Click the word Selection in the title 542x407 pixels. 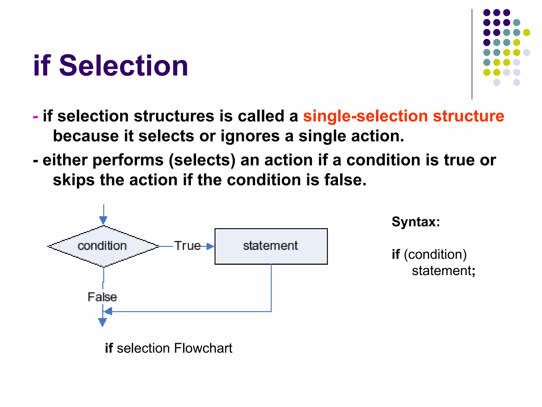pos(123,66)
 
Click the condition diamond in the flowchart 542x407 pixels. pos(103,246)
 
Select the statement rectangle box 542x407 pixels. pos(271,246)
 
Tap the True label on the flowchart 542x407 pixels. pos(187,246)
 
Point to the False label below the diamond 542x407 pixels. pos(102,297)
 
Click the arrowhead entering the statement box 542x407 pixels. pos(210,246)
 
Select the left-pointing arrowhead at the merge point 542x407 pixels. pos(109,311)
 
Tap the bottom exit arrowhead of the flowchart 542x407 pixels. pos(102,322)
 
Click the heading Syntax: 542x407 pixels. pos(415,222)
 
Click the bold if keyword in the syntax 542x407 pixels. pos(396,254)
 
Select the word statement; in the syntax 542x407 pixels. pos(443,271)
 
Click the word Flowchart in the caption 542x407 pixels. pos(203,348)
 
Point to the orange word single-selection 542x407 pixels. pos(365,116)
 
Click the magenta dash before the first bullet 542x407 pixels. pos(35,117)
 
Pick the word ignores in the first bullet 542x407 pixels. pos(250,136)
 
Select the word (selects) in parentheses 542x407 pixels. pos(202,160)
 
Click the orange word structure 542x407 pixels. pos(468,116)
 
